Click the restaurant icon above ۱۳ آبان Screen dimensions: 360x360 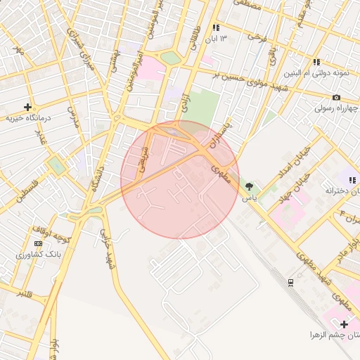point(217,27)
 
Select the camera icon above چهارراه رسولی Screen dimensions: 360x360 point(336,97)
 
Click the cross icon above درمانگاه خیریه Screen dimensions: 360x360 point(27,108)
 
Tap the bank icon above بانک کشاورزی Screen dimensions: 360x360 point(38,243)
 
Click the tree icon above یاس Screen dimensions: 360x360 point(249,187)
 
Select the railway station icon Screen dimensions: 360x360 point(290,281)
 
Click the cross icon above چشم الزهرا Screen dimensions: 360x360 point(344,323)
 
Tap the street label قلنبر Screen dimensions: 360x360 point(25,292)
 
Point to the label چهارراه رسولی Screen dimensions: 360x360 point(336,109)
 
